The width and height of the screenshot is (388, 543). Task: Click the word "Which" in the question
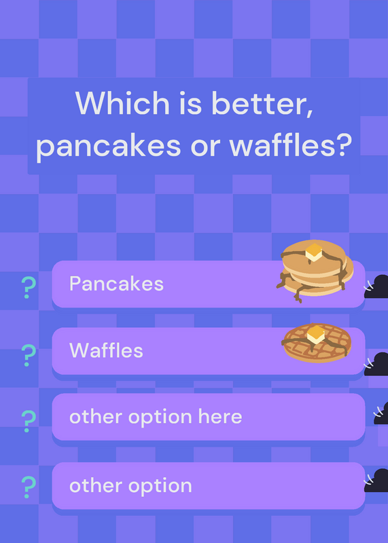coord(122,103)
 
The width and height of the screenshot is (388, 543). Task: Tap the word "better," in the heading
coord(262,104)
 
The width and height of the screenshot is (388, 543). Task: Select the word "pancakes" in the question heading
coord(109,146)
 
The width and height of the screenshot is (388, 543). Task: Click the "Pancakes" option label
coord(116,284)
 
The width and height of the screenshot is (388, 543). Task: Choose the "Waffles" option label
coord(106,350)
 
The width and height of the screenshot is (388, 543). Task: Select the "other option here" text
coord(156,417)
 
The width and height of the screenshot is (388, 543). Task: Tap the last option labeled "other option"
coord(130,485)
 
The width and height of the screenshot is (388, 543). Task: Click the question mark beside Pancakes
coord(29,287)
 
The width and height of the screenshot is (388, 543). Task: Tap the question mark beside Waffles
coord(29,355)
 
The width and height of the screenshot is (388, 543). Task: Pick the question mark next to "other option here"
coord(29,421)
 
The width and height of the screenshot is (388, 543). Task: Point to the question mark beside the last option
coord(29,487)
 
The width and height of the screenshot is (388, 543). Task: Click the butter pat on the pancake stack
coord(314,252)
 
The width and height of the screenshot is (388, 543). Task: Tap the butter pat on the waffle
coord(315,334)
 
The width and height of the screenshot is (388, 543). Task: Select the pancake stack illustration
coord(315,271)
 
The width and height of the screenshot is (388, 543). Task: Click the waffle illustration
coord(316,343)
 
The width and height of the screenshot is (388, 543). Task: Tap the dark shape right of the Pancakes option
coord(376,286)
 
